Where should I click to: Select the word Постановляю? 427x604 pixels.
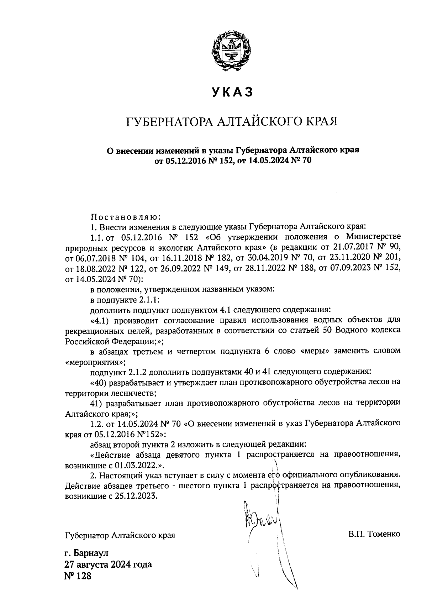tap(126, 216)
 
